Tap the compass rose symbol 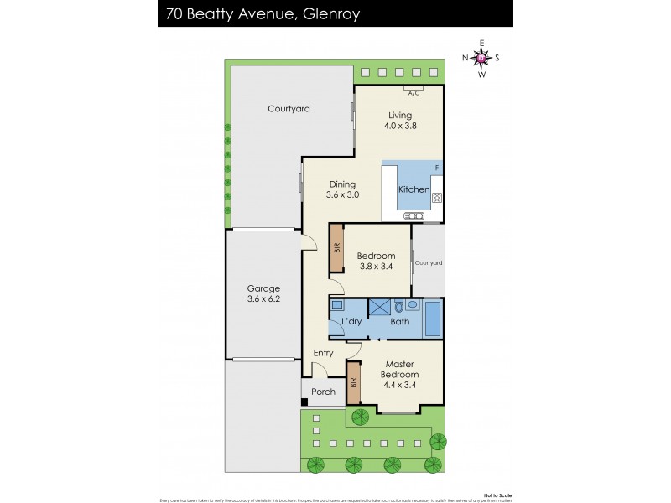tap(481, 58)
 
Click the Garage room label tap(263, 293)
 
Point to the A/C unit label tap(414, 94)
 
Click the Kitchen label tap(414, 190)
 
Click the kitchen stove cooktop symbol tap(437, 199)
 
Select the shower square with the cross tap(379, 307)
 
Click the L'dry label tap(351, 322)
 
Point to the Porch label tap(323, 392)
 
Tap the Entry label tap(323, 353)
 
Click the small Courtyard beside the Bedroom tap(429, 262)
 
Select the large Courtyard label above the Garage tap(289, 109)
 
